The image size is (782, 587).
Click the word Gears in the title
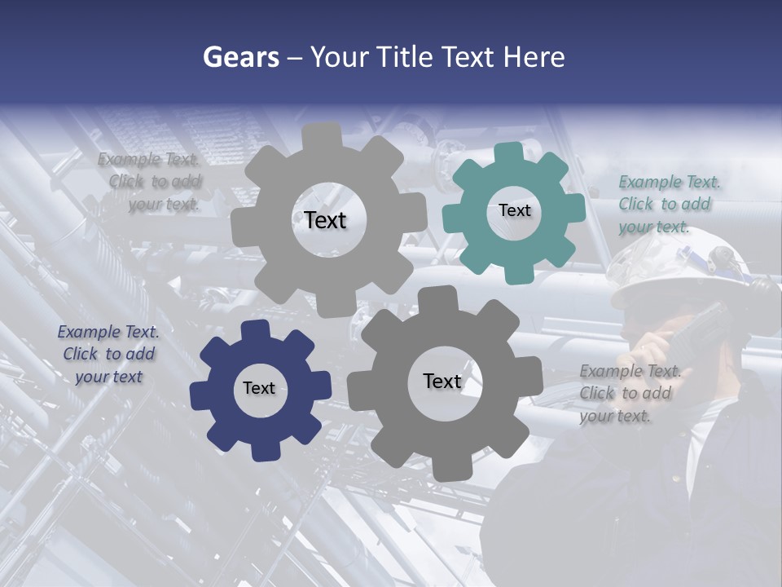coord(240,57)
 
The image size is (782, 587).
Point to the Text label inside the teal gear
coord(514,210)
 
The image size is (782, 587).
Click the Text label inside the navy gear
coord(259,388)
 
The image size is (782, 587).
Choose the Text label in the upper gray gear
coord(325,220)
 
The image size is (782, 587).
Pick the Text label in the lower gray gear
coord(442,381)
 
